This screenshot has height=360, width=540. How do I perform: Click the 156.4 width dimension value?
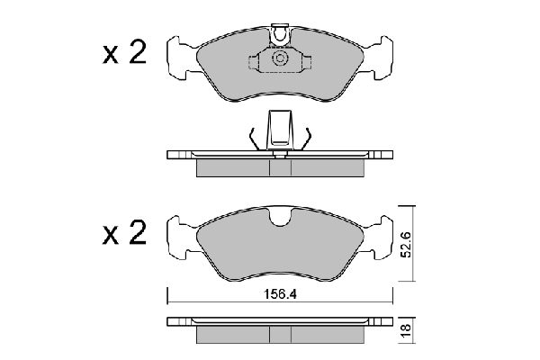[280, 294]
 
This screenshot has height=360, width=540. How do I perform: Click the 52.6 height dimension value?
[407, 245]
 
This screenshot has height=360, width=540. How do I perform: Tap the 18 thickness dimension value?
[407, 330]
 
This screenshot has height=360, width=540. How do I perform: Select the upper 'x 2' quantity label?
[125, 52]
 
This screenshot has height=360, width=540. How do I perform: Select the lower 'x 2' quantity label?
[125, 233]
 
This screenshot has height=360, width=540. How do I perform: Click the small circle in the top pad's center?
[280, 58]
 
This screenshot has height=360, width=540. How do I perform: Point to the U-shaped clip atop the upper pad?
[280, 35]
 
